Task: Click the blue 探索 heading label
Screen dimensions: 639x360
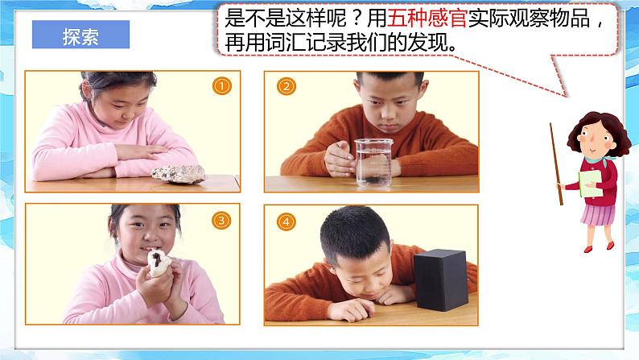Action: click(80, 35)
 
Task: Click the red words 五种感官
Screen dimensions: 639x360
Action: click(427, 18)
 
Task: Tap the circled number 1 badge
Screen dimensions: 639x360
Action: click(221, 86)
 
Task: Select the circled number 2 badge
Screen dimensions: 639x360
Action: click(286, 86)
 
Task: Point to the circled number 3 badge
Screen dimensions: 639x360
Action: click(221, 221)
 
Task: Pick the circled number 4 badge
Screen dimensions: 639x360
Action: click(286, 222)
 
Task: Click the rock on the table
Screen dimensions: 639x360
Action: click(179, 174)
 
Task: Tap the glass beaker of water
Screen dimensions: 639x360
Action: click(373, 162)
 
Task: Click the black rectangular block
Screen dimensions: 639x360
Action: click(440, 280)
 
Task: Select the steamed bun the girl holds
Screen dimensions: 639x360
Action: click(159, 263)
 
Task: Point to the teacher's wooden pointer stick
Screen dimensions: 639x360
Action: click(556, 164)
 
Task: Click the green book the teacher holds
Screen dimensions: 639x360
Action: click(590, 184)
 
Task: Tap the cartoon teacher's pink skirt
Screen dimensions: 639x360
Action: click(597, 215)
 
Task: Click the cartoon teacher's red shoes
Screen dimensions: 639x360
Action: click(599, 247)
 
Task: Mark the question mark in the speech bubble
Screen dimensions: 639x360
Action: click(357, 19)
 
